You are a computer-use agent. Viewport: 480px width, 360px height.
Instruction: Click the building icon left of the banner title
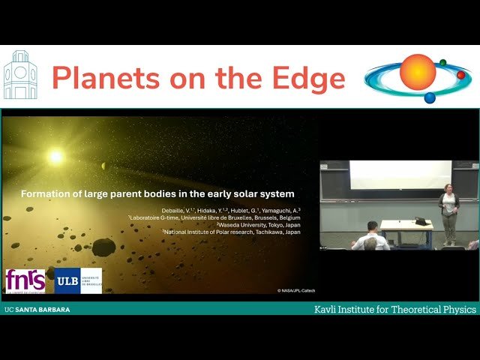[x=20, y=76]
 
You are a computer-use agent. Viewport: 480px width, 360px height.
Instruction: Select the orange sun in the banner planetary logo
[x=417, y=73]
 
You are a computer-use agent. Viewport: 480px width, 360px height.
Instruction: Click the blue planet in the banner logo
[x=430, y=97]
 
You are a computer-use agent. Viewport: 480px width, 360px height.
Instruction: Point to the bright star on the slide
[x=55, y=157]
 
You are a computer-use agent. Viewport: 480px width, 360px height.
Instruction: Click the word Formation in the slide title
[x=46, y=193]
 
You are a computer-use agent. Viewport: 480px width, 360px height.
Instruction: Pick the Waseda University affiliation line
[x=259, y=224]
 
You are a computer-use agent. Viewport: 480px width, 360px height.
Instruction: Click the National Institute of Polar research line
[x=232, y=232]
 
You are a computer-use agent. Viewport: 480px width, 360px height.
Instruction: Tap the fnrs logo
[x=25, y=280]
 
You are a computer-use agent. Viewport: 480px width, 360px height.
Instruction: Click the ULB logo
[x=78, y=280]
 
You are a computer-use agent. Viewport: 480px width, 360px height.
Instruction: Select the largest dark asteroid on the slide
[x=103, y=247]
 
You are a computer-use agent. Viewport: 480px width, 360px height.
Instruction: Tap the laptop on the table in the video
[x=422, y=220]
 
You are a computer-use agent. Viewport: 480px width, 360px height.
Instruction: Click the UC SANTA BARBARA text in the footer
[x=37, y=309]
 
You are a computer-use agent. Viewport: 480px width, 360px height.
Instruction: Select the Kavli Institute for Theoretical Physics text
[x=394, y=309]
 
